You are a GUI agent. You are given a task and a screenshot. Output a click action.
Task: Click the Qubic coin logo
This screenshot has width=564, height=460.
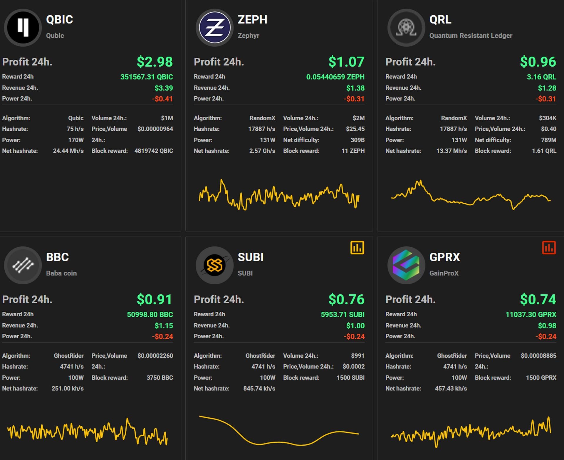pyautogui.click(x=23, y=27)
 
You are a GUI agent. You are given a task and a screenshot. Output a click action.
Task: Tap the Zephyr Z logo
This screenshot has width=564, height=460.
pyautogui.click(x=214, y=27)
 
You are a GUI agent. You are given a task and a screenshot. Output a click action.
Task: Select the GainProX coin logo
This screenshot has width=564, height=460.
pyautogui.click(x=406, y=265)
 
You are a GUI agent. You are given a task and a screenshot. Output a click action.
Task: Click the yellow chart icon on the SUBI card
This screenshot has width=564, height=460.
pyautogui.click(x=357, y=248)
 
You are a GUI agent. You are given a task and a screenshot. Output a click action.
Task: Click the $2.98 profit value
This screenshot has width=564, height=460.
pyautogui.click(x=155, y=62)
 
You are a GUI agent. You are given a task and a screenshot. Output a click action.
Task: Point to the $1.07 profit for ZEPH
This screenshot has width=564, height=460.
pyautogui.click(x=346, y=62)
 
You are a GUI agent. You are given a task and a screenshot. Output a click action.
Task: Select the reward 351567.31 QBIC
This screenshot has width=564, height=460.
pyautogui.click(x=147, y=77)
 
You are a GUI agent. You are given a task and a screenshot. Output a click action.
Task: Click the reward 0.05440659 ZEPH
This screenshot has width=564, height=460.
pyautogui.click(x=335, y=77)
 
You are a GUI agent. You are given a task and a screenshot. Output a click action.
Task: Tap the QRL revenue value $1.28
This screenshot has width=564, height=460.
pyautogui.click(x=547, y=88)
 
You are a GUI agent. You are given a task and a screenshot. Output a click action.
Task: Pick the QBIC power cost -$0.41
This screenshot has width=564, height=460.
pyautogui.click(x=162, y=99)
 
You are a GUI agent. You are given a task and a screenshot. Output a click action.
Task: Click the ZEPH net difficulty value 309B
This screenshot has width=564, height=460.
pyautogui.click(x=357, y=140)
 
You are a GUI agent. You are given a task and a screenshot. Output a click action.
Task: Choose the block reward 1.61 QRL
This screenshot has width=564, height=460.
pyautogui.click(x=544, y=151)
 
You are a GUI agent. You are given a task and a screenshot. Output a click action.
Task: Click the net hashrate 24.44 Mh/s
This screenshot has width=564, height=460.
pyautogui.click(x=68, y=151)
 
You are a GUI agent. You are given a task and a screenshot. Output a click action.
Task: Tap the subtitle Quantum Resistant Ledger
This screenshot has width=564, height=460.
pyautogui.click(x=471, y=36)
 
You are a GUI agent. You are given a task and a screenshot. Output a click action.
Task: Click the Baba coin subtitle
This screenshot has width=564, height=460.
pyautogui.click(x=61, y=273)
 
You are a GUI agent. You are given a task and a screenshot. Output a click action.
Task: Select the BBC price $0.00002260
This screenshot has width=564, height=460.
pyautogui.click(x=155, y=356)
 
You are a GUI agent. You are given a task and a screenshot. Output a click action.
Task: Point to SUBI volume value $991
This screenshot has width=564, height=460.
pyautogui.click(x=357, y=356)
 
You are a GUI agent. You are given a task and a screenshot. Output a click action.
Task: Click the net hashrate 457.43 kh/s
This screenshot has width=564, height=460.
pyautogui.click(x=451, y=389)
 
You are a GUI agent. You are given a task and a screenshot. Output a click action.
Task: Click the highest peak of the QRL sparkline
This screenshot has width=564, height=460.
pyautogui.click(x=420, y=181)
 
